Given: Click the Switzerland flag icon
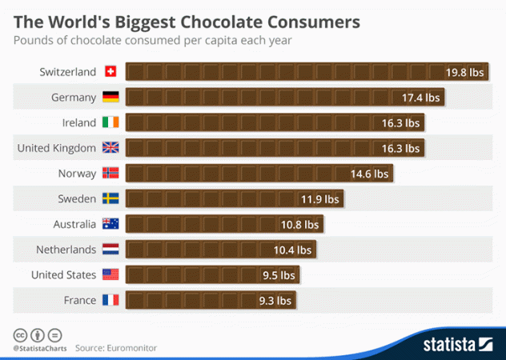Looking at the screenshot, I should tap(110, 72).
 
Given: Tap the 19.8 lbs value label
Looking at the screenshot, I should tap(465, 72).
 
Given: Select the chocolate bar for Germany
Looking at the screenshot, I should tap(285, 98).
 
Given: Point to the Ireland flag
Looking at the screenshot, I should tap(110, 122).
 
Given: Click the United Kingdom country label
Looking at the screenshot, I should tap(56, 148).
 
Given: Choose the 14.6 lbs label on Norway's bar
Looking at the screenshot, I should tap(369, 174).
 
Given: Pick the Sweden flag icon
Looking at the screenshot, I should tap(110, 198).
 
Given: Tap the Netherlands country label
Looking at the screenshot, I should tap(66, 250).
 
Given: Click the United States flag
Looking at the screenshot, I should tap(110, 274).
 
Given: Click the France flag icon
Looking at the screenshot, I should tap(110, 300).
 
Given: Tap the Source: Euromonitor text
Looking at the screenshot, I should tap(116, 348).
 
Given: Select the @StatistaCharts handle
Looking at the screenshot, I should tap(39, 349).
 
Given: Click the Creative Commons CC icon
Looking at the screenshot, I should tap(20, 334).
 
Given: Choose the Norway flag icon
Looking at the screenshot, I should tap(110, 174).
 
